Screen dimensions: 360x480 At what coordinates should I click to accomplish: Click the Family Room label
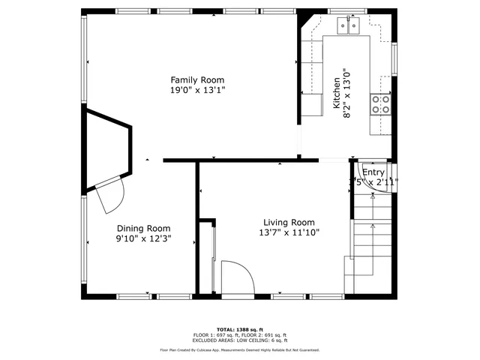tap(196, 79)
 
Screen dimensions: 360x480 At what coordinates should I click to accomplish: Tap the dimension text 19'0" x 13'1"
tap(196, 90)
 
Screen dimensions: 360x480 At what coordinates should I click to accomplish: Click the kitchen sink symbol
tap(349, 26)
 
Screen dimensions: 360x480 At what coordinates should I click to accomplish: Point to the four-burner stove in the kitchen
tap(381, 103)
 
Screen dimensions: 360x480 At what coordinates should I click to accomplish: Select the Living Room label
tap(288, 222)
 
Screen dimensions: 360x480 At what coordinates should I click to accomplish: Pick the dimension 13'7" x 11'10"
tap(288, 232)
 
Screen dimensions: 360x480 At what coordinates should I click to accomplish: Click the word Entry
tap(373, 172)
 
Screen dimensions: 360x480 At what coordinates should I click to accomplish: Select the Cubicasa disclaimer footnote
tap(239, 349)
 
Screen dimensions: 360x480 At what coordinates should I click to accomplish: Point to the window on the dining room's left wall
tap(84, 240)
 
